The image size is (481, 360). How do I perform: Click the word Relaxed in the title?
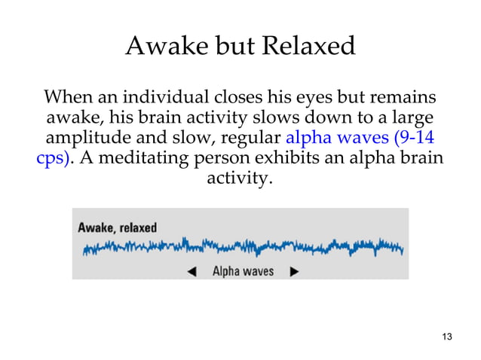coord(308,47)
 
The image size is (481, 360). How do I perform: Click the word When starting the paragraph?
coord(70,99)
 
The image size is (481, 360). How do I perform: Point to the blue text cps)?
coord(56,160)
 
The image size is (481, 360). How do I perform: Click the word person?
coord(224,160)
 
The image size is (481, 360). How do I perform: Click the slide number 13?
coord(446,336)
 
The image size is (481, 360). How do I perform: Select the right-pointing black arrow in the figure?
coord(294,271)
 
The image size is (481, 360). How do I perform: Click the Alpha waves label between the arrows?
coord(243,271)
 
